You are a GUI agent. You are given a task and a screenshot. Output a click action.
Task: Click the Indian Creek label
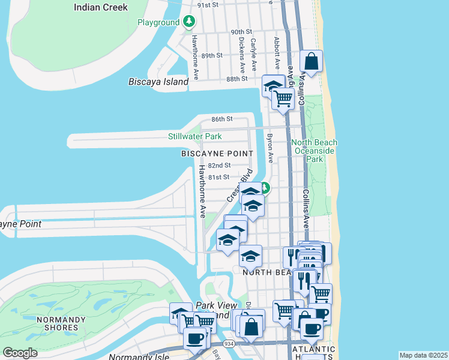(x=101, y=7)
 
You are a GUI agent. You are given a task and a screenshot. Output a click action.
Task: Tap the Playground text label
(x=158, y=23)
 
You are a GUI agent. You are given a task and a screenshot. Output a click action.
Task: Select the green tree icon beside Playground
(x=190, y=22)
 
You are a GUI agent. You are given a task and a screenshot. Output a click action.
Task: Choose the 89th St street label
(x=212, y=55)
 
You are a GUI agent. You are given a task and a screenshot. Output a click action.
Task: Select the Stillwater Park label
(x=194, y=137)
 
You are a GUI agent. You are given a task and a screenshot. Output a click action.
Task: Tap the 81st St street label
(x=218, y=177)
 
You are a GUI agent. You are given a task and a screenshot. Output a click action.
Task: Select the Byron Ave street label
(x=270, y=148)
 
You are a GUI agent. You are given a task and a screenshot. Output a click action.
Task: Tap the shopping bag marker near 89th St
(x=312, y=61)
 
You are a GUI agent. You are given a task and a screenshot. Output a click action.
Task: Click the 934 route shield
(x=230, y=343)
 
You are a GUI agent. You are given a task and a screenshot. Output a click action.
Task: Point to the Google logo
(x=21, y=353)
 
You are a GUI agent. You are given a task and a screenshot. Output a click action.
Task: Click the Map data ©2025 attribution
(x=423, y=355)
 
